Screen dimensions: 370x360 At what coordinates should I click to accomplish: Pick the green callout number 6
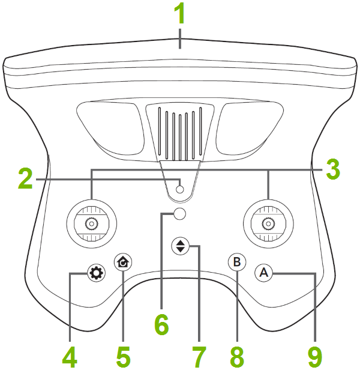pos(161,325)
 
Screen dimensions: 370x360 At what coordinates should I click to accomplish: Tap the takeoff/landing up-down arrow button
pos(179,246)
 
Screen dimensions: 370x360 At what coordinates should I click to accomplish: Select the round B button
pos(237,262)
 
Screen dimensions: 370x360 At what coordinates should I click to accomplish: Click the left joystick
pos(91,223)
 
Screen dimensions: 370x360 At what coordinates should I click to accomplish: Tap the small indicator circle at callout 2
pos(179,189)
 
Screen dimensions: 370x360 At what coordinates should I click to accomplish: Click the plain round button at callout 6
pos(179,214)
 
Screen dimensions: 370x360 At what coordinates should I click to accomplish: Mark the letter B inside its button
pos(237,262)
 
